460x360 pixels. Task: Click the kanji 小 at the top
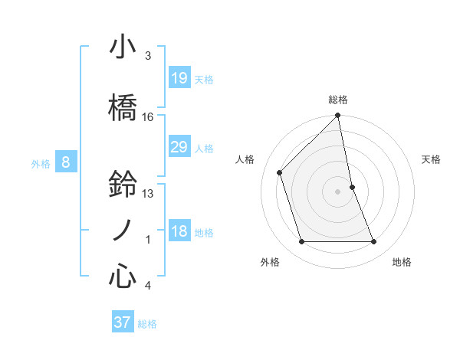123,47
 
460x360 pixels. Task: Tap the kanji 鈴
123,185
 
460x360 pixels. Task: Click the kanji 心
123,277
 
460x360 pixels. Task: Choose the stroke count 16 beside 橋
148,117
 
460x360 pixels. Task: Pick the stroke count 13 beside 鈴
148,194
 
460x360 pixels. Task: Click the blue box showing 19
179,77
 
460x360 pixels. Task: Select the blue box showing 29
179,147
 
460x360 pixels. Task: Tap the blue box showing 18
179,231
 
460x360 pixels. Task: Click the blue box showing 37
122,322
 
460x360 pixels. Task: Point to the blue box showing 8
66,162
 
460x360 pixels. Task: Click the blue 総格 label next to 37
147,324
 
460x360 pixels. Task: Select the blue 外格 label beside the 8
41,163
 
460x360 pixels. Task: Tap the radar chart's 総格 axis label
338,100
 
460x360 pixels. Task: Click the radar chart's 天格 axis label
432,159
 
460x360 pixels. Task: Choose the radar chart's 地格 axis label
402,262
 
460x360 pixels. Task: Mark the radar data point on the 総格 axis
338,116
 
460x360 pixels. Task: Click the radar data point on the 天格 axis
352,187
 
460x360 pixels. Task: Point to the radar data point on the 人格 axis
280,172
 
